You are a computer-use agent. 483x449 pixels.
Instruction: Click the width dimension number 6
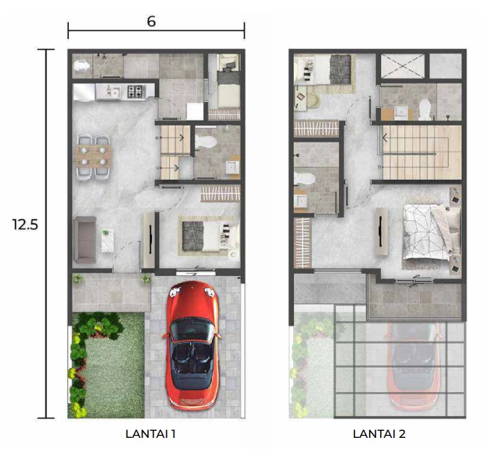pyautogui.click(x=152, y=22)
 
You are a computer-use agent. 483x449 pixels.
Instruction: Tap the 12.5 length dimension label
pyautogui.click(x=25, y=224)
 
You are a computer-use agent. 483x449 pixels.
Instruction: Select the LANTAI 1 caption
pyautogui.click(x=150, y=434)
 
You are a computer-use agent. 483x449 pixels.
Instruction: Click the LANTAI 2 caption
pyautogui.click(x=379, y=434)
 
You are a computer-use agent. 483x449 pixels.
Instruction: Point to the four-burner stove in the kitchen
pyautogui.click(x=136, y=91)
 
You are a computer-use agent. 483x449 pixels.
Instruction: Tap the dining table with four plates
pyautogui.click(x=94, y=156)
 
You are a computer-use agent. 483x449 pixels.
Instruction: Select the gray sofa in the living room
pyautogui.click(x=85, y=240)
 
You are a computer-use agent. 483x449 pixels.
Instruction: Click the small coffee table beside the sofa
pyautogui.click(x=107, y=240)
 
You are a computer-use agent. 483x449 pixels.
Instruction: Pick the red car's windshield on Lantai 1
pyautogui.click(x=192, y=329)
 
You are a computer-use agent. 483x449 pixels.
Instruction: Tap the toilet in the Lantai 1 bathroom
pyautogui.click(x=206, y=142)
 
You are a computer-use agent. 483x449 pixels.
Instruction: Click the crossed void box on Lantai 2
pyautogui.click(x=402, y=65)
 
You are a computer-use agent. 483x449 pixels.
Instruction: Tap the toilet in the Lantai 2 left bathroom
pyautogui.click(x=304, y=179)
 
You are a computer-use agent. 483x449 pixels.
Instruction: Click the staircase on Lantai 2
pyautogui.click(x=420, y=152)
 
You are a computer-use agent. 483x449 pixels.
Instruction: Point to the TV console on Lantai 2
pyautogui.click(x=382, y=231)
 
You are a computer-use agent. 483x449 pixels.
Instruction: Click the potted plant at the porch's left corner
pyautogui.click(x=78, y=279)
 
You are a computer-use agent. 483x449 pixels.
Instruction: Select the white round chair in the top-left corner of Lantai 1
pyautogui.click(x=81, y=66)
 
